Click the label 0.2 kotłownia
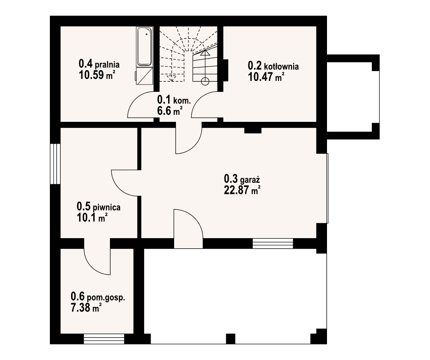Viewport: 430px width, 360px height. coord(273,66)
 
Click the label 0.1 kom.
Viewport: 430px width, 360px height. coord(175,99)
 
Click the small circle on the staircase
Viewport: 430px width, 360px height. coord(205,81)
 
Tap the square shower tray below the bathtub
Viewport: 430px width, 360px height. coord(144,76)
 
